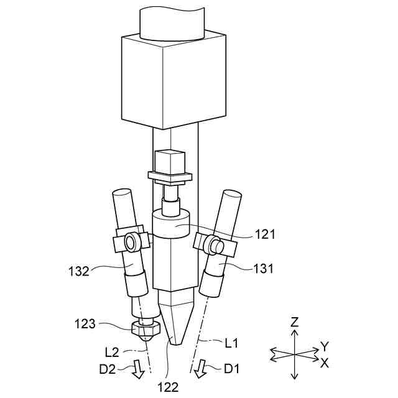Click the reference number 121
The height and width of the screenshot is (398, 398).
pos(265,234)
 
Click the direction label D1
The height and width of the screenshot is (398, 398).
pos(232,369)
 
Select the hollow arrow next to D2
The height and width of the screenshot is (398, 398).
pos(139,370)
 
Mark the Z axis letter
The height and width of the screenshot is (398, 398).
pos(295,322)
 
